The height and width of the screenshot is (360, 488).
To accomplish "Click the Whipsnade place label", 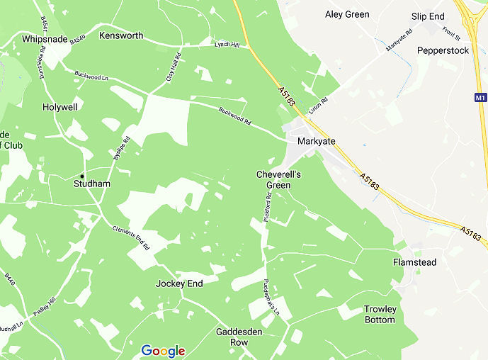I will pos(44,38).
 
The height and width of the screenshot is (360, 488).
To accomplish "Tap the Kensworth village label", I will pos(121,35).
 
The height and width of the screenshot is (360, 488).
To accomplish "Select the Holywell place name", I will pos(59,106).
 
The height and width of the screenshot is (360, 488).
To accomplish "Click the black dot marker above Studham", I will pos(82,175).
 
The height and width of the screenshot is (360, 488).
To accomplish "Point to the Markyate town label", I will pos(316,141).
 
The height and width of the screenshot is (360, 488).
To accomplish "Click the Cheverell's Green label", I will pos(278,180).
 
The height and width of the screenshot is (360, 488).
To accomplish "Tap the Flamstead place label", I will pos(414,262).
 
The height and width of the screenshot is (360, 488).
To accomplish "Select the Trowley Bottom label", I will pos(380,314).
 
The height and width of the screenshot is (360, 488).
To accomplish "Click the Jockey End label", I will pos(179,283).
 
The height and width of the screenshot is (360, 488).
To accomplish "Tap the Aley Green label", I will pos(347,14).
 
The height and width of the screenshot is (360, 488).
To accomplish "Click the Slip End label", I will pos(428,16).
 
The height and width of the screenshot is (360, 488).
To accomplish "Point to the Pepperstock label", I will pos(443,50).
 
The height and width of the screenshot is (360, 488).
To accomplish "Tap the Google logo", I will pos(163,351).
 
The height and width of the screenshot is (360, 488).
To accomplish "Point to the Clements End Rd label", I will pos(130,238).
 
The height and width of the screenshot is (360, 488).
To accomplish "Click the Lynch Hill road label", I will pos(227,45).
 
